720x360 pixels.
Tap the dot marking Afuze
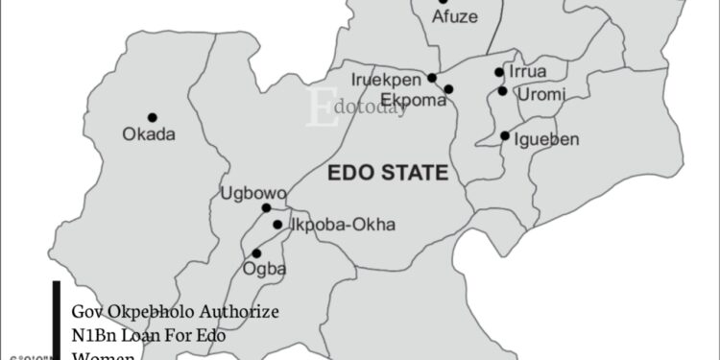[x=443, y=2]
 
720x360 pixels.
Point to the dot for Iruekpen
[x=432, y=78]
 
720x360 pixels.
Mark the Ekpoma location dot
[x=448, y=89]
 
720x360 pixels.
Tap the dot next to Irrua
[x=499, y=72]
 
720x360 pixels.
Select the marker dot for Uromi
[x=502, y=91]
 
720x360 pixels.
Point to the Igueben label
[x=547, y=139]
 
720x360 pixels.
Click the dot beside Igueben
[x=505, y=136]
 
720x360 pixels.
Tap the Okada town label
[x=149, y=134]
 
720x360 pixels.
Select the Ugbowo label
[x=253, y=193]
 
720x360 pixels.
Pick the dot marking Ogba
[x=255, y=253]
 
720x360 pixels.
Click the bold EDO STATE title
[x=388, y=174]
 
